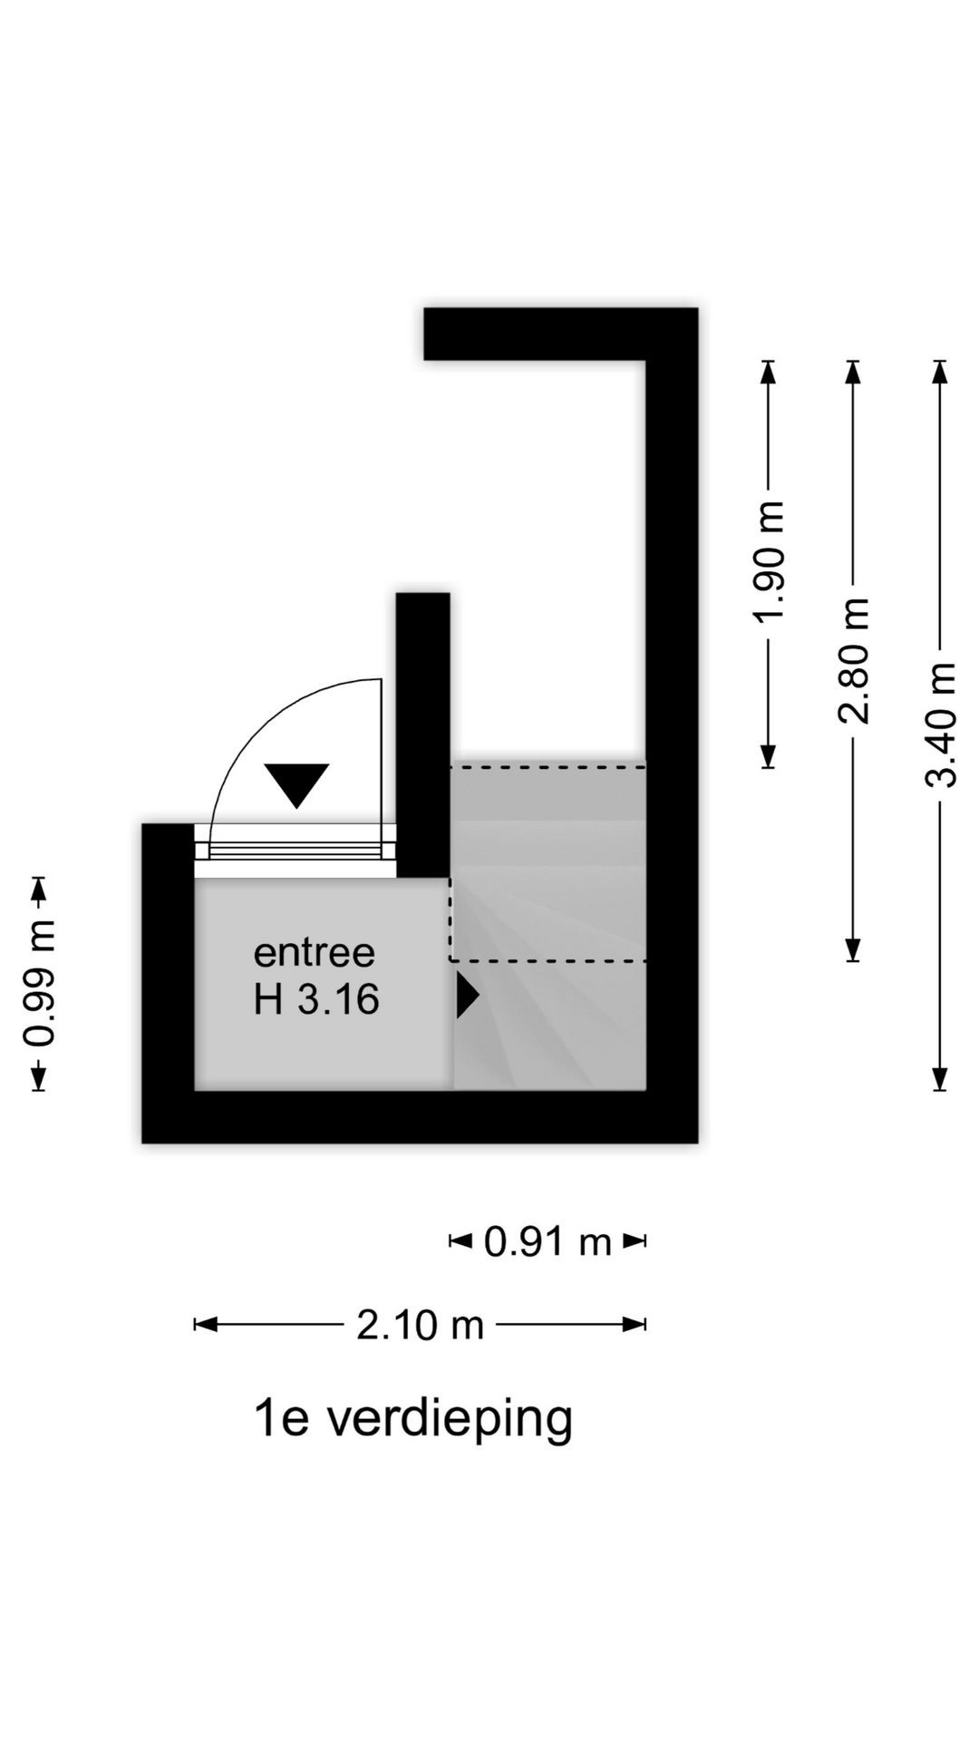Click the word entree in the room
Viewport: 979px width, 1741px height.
click(314, 953)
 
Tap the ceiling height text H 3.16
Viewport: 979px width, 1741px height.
click(315, 1000)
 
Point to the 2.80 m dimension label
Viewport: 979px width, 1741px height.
click(853, 661)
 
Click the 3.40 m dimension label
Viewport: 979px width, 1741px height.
click(940, 725)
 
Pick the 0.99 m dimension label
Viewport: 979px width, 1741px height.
click(39, 983)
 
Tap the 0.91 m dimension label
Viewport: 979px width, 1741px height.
click(548, 1241)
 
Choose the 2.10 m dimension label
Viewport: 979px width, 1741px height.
click(420, 1326)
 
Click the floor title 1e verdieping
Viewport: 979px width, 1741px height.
click(413, 1420)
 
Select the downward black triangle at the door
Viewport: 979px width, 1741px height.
click(296, 783)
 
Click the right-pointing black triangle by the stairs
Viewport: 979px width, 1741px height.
click(467, 996)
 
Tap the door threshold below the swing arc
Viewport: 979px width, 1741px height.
click(296, 851)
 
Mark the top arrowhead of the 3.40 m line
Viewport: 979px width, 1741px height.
click(940, 371)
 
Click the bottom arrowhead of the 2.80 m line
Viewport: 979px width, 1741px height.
click(853, 949)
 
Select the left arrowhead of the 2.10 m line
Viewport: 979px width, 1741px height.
click(206, 1325)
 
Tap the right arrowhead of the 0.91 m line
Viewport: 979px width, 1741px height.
click(635, 1240)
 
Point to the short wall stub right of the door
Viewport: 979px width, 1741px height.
click(423, 734)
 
